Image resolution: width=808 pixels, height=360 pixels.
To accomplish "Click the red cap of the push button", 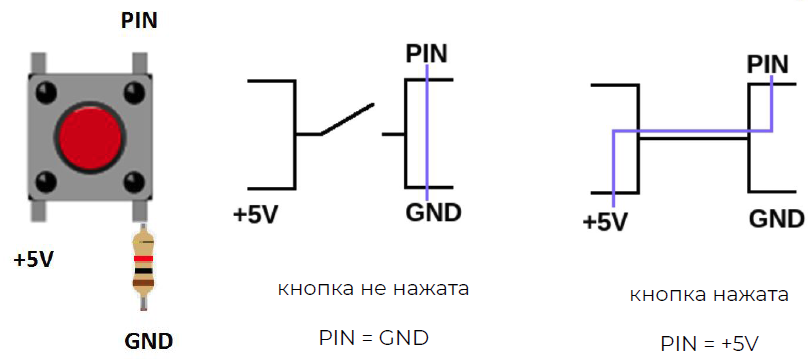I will pyautogui.click(x=88, y=137).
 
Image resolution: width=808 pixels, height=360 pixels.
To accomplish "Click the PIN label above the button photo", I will pyautogui.click(x=138, y=20).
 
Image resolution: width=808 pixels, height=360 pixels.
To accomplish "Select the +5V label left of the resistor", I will pyautogui.click(x=34, y=260).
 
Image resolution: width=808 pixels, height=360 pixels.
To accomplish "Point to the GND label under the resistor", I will pyautogui.click(x=149, y=340).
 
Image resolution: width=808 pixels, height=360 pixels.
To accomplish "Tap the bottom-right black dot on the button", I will pyautogui.click(x=133, y=181).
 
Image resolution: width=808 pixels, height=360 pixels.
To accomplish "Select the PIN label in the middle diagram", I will pyautogui.click(x=427, y=52).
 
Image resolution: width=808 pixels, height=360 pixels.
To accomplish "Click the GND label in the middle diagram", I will pyautogui.click(x=433, y=213).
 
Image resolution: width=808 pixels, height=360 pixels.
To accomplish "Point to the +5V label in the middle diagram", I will pyautogui.click(x=256, y=214).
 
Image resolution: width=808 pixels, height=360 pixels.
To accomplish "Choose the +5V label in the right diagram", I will pyautogui.click(x=605, y=221).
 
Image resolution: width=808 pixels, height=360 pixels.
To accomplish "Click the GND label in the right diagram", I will pyautogui.click(x=776, y=220).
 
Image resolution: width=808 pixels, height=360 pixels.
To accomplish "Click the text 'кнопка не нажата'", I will pyautogui.click(x=373, y=289).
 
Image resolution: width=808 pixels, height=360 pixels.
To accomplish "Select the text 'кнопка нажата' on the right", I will pyautogui.click(x=709, y=296).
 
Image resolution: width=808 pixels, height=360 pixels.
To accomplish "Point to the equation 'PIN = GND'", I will pyautogui.click(x=373, y=338).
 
